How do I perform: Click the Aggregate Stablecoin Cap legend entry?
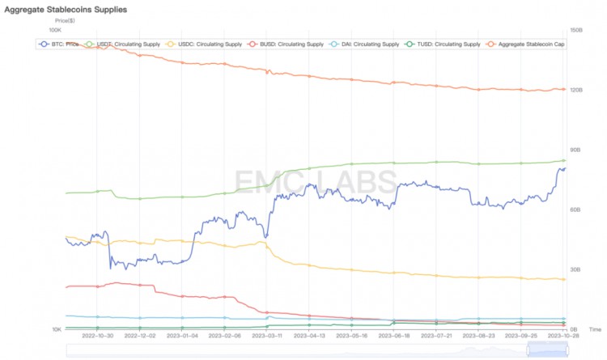tap(527, 44)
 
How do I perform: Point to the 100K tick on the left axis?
tap(55, 30)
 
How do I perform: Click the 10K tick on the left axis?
tap(56, 329)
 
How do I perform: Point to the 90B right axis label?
tap(576, 150)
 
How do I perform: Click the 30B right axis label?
tap(576, 269)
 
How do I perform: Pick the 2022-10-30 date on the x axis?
tap(98, 334)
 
